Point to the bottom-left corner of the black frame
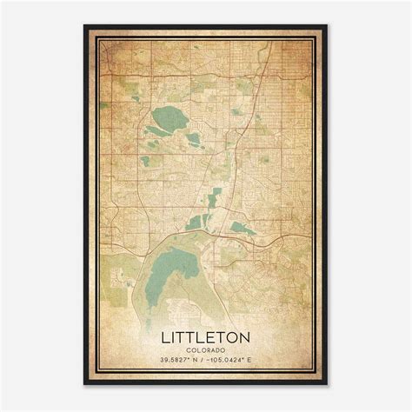pyautogui.click(x=85, y=384)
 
